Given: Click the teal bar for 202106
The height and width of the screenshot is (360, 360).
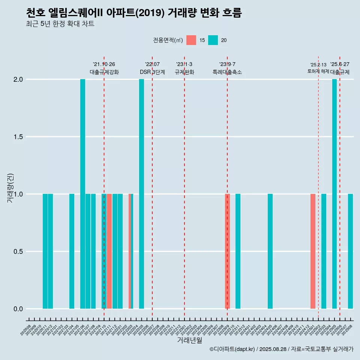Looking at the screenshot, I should [x=82, y=194].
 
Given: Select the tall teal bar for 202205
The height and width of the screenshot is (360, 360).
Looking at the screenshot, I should [x=141, y=194].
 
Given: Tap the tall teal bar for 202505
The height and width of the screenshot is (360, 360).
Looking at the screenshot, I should [x=334, y=194].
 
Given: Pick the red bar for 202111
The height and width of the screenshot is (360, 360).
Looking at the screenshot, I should [x=109, y=251].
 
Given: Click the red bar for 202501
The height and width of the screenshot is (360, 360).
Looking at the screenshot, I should [x=313, y=251].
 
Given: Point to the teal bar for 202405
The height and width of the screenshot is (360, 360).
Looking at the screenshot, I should [x=270, y=251].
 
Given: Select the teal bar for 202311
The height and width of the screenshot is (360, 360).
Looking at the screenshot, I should [x=238, y=251].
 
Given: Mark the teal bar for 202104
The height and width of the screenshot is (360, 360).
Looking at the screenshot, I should [x=72, y=251].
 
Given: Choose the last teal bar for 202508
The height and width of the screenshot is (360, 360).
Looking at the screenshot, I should [x=350, y=251].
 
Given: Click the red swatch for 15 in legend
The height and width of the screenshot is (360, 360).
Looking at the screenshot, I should [x=191, y=40].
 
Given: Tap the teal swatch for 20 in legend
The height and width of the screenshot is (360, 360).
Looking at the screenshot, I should [x=213, y=40].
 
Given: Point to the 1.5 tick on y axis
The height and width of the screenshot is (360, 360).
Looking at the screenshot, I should [x=18, y=137].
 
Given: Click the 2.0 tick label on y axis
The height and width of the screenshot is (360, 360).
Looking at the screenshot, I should [x=18, y=79].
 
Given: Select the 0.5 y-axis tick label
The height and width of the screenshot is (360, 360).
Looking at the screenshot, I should [x=18, y=251].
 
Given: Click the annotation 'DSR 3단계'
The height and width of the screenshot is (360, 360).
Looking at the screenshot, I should [x=152, y=72].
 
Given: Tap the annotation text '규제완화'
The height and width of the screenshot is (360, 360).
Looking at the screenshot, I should [x=184, y=72].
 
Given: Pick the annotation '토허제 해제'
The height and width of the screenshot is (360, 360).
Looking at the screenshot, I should [x=318, y=71].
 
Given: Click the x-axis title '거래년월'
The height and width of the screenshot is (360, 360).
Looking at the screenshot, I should [x=189, y=340].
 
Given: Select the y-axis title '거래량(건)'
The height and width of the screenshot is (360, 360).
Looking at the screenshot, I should [x=10, y=187].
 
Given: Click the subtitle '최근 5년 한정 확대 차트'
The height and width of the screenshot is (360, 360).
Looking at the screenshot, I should [x=60, y=24].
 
